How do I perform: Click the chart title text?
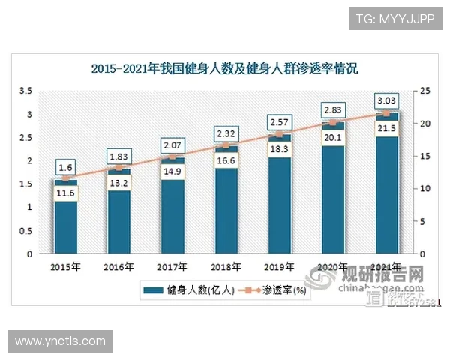click(x=225, y=69)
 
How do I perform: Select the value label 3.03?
click(x=387, y=100)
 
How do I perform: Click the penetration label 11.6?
click(x=65, y=194)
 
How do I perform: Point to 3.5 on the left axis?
click(x=25, y=91)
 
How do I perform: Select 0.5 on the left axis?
click(x=25, y=230)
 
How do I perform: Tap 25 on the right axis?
click(x=424, y=91)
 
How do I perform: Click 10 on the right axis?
click(x=424, y=188)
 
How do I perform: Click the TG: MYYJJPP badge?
click(x=395, y=18)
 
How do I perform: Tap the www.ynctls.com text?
click(x=60, y=341)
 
